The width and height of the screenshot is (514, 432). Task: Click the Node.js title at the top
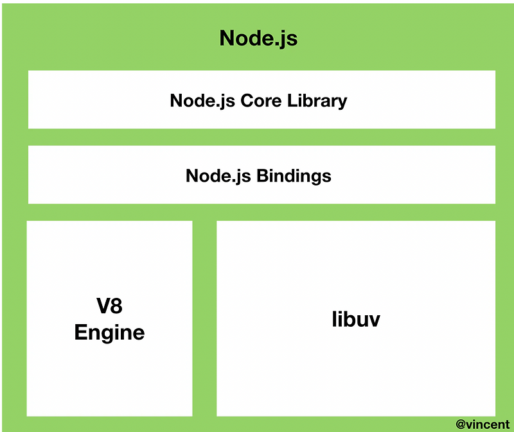tap(258, 39)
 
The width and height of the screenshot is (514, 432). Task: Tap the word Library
tap(315, 101)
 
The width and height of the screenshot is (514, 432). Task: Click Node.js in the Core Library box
tap(202, 101)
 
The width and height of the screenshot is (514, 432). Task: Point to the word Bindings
tap(294, 176)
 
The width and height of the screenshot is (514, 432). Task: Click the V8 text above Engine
tap(109, 307)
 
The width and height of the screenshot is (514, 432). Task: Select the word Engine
tap(109, 333)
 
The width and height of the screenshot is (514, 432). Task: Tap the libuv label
tap(356, 319)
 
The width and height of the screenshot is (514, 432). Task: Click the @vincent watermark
tap(483, 424)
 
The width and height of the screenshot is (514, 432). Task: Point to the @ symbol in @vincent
tap(461, 424)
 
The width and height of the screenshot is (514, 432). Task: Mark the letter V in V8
tap(102, 307)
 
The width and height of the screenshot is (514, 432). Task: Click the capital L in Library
tap(288, 101)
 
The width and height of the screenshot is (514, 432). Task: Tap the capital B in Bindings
tap(263, 176)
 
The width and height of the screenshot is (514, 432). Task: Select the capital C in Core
tap(245, 101)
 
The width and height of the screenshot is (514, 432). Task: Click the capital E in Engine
tap(81, 333)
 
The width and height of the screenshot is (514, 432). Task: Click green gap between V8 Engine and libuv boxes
tap(204, 318)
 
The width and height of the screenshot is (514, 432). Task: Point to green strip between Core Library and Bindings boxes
tap(261, 137)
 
